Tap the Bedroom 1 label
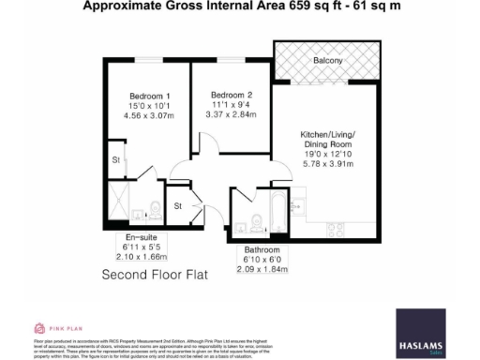pyautogui.click(x=148, y=97)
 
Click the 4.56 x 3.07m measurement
pyautogui.click(x=148, y=119)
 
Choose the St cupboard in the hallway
pyautogui.click(x=178, y=206)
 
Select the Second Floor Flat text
pyautogui.click(x=154, y=277)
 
